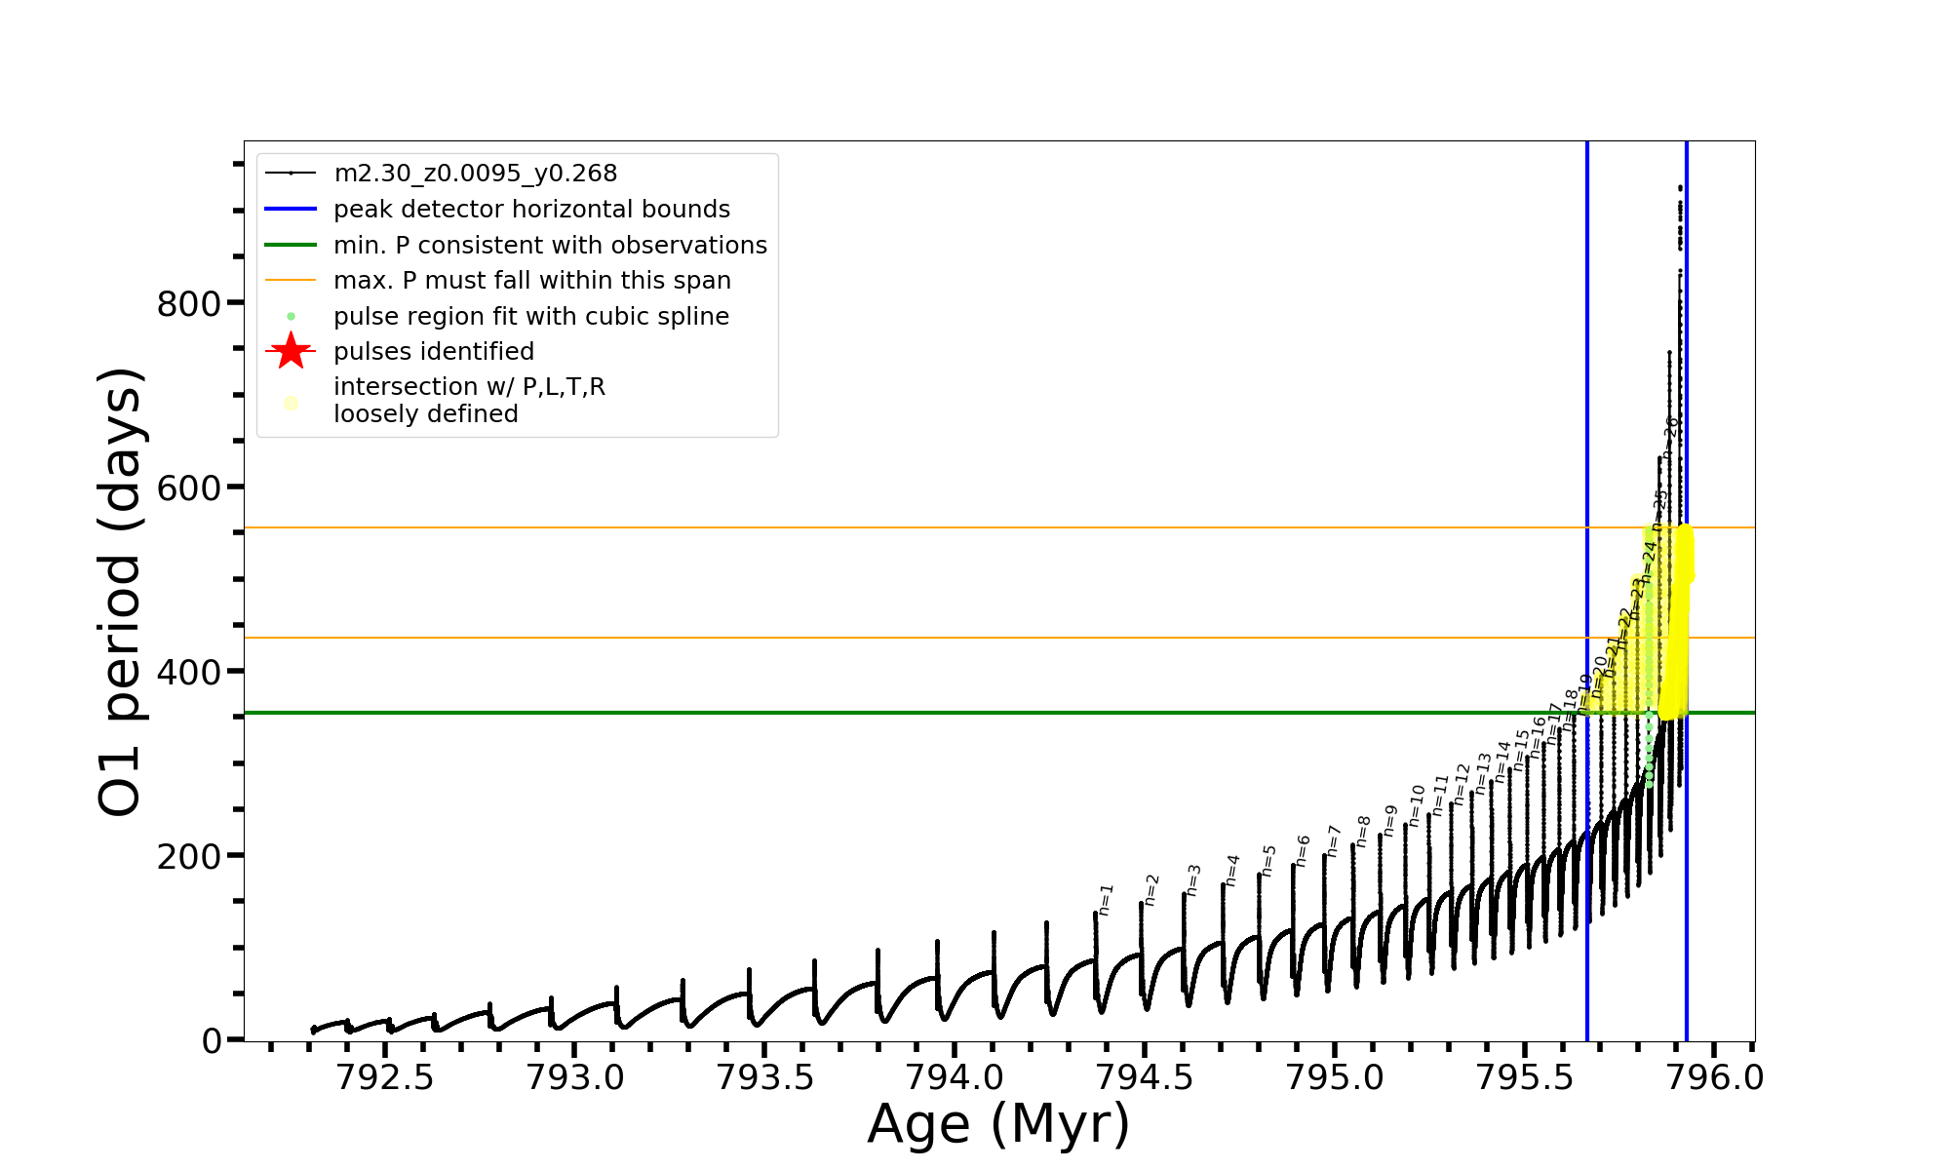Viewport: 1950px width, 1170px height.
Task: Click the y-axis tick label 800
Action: [189, 304]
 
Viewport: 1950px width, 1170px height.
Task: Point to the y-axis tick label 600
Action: [189, 488]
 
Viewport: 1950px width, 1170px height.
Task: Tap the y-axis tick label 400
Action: [189, 673]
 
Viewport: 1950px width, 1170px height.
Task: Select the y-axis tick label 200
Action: [189, 857]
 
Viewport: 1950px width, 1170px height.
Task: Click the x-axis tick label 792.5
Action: [385, 1078]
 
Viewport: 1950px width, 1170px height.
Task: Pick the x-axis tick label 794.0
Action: [955, 1078]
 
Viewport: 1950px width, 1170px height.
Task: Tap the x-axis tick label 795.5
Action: [1526, 1078]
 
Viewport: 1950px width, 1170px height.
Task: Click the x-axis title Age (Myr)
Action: [998, 1124]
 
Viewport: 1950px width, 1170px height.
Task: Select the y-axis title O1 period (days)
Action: [121, 591]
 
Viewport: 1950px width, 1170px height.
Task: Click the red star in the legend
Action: [291, 351]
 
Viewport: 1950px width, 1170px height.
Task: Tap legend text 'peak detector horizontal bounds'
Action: [531, 210]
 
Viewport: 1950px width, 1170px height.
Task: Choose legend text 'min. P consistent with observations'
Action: [550, 246]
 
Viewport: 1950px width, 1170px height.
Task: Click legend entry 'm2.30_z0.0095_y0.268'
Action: [475, 174]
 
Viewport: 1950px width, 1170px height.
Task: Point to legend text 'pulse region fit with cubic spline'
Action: [530, 317]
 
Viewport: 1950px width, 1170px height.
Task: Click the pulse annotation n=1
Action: [1106, 899]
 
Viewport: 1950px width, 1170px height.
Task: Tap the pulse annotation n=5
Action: [1268, 860]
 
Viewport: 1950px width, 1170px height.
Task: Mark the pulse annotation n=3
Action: [1193, 879]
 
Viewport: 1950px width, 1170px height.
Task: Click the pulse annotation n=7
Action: [1334, 840]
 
